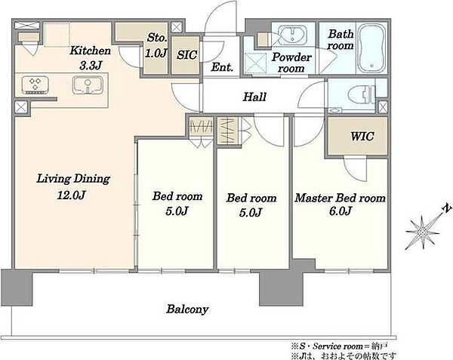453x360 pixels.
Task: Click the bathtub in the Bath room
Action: tap(371, 48)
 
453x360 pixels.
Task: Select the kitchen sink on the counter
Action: tap(88, 85)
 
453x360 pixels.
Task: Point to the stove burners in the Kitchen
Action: tap(35, 85)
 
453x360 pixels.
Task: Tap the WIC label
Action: tap(362, 136)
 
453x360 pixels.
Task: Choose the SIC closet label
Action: tap(187, 54)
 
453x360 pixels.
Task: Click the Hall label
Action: tap(254, 97)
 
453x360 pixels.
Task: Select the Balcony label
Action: tap(187, 309)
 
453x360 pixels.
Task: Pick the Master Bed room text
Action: tap(340, 198)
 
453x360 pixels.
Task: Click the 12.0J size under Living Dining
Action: tap(71, 195)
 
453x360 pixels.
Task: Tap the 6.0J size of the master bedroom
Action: tap(341, 211)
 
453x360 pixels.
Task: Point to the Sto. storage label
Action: tap(157, 38)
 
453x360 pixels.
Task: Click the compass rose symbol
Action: tap(422, 232)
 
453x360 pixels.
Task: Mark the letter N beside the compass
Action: tap(447, 208)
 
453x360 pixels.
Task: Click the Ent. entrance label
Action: tap(222, 67)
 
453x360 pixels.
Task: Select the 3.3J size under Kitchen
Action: tap(91, 66)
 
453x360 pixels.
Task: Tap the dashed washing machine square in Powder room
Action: tap(256, 63)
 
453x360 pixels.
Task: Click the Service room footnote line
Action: tap(339, 346)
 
